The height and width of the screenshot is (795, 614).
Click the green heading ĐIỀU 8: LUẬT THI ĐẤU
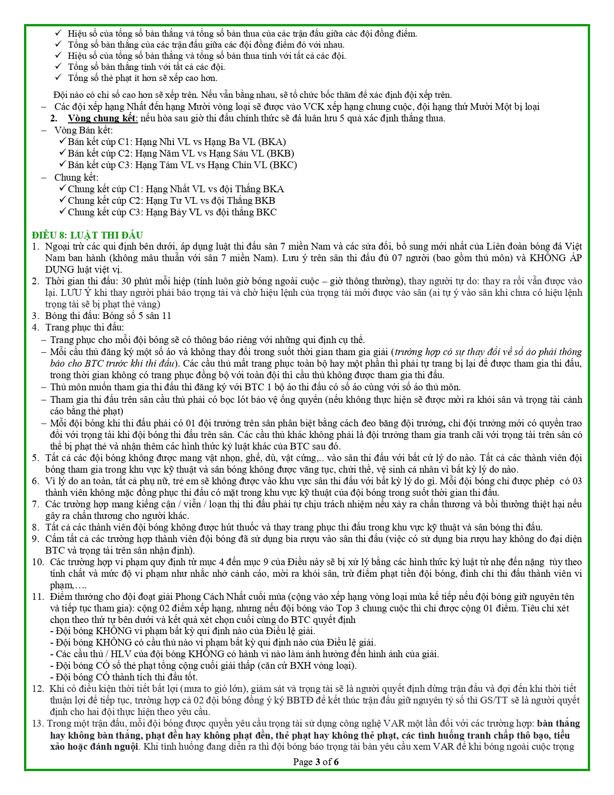[87, 235]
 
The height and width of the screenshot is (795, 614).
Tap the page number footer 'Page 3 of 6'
[316, 762]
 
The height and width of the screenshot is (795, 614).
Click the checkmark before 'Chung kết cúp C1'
[62, 188]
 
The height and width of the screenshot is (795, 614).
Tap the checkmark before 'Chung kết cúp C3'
[62, 212]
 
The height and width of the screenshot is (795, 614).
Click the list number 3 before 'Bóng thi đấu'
[35, 316]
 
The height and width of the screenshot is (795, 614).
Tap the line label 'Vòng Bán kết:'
[83, 130]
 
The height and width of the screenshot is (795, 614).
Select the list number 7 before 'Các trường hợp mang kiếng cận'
[35, 504]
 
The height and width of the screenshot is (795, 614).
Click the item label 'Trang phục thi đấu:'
[85, 328]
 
